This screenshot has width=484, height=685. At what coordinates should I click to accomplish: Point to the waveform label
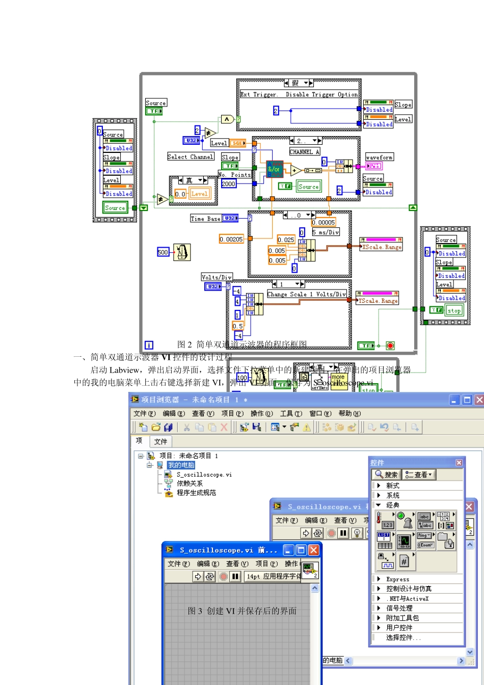pyautogui.click(x=379, y=157)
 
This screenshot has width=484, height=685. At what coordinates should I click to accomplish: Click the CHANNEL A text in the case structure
pyautogui.click(x=304, y=152)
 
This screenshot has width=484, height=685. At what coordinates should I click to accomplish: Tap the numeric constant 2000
pyautogui.click(x=229, y=184)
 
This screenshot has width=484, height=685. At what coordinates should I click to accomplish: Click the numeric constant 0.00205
pyautogui.click(x=231, y=239)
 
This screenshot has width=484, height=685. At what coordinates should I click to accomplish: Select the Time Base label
pyautogui.click(x=205, y=219)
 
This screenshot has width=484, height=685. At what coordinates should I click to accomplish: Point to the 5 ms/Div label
pyautogui.click(x=326, y=232)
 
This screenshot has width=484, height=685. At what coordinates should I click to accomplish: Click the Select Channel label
pyautogui.click(x=191, y=157)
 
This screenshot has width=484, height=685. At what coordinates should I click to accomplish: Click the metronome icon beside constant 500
pyautogui.click(x=181, y=252)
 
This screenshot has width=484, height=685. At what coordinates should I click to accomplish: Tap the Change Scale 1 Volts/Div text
pyautogui.click(x=306, y=294)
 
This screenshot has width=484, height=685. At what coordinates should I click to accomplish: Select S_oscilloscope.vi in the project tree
pyautogui.click(x=204, y=475)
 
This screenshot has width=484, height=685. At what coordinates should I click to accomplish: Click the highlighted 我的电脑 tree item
pyautogui.click(x=181, y=465)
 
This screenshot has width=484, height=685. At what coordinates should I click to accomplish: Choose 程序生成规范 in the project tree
pyautogui.click(x=196, y=493)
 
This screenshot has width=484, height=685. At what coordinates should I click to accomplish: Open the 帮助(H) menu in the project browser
pyautogui.click(x=349, y=413)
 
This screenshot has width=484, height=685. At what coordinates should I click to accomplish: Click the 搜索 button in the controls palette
pyautogui.click(x=387, y=475)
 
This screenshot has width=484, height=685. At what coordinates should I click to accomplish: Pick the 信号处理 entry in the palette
pyautogui.click(x=399, y=608)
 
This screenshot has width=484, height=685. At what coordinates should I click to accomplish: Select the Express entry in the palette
pyautogui.click(x=397, y=579)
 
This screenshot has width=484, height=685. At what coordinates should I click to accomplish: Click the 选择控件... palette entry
pyautogui.click(x=403, y=638)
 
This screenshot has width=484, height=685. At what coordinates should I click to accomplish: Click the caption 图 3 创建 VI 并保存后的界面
pyautogui.click(x=242, y=611)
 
